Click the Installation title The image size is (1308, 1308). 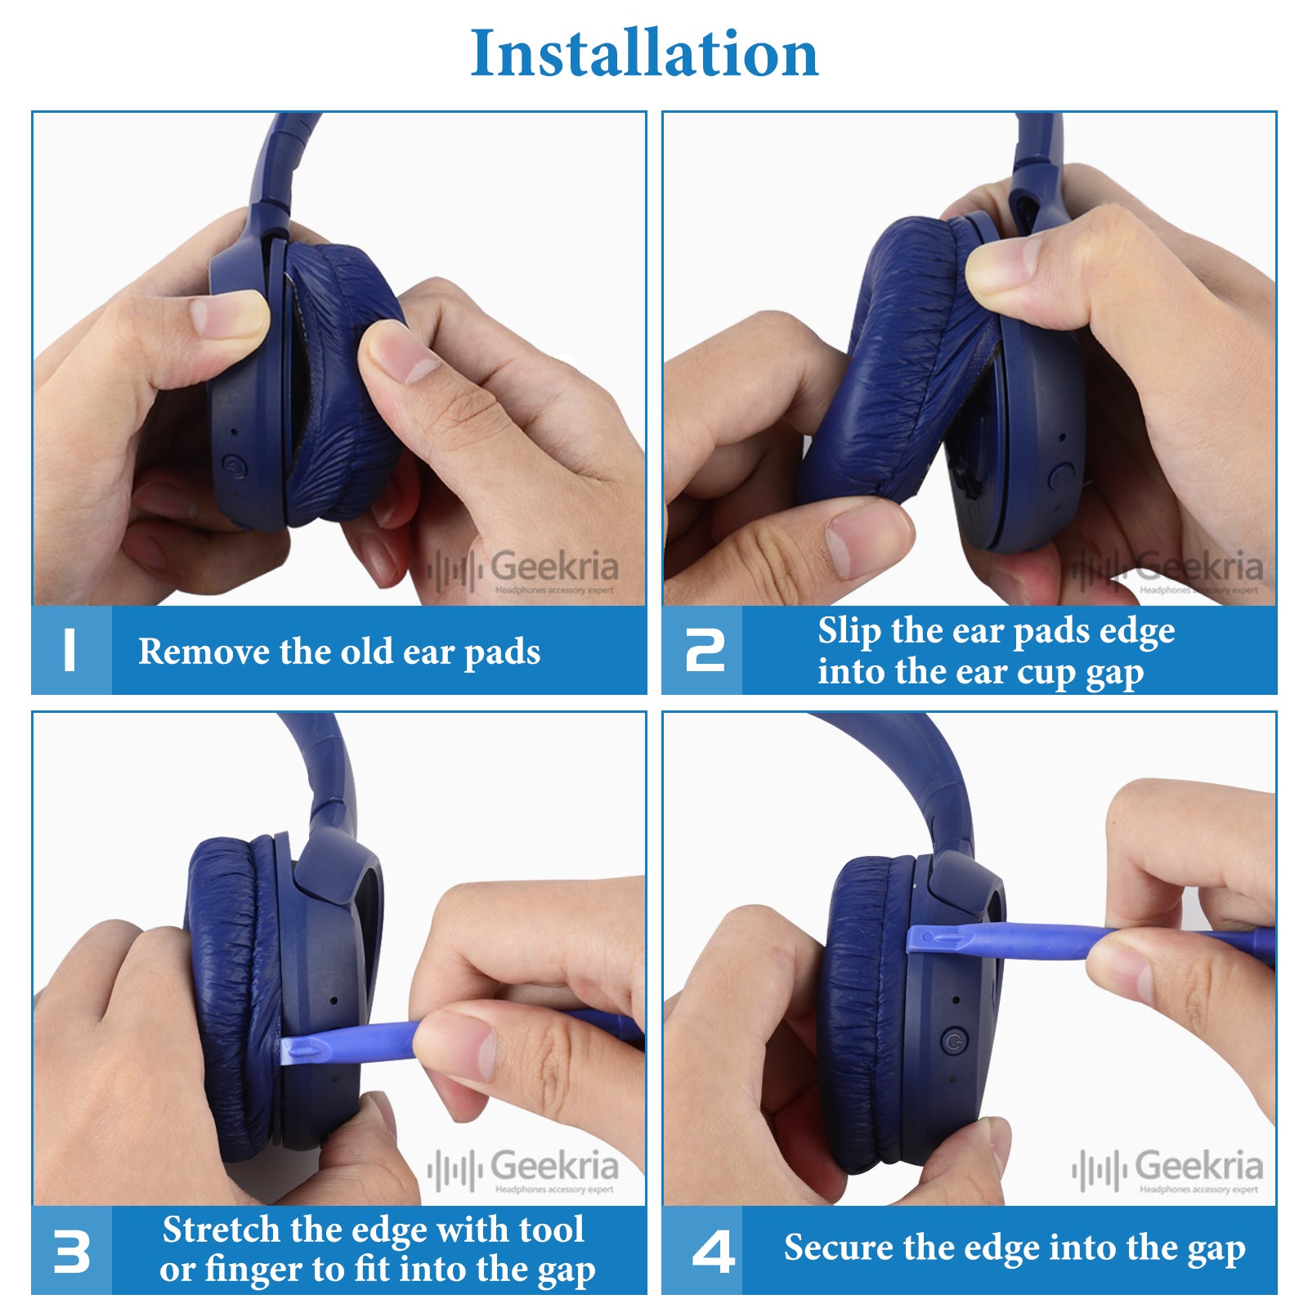[644, 53]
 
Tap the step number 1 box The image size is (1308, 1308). [71, 651]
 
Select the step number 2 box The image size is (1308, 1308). [702, 651]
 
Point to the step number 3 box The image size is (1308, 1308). [71, 1250]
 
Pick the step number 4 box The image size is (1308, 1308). [702, 1250]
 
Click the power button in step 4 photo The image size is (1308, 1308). [954, 1041]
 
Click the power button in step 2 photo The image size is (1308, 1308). [1061, 476]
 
